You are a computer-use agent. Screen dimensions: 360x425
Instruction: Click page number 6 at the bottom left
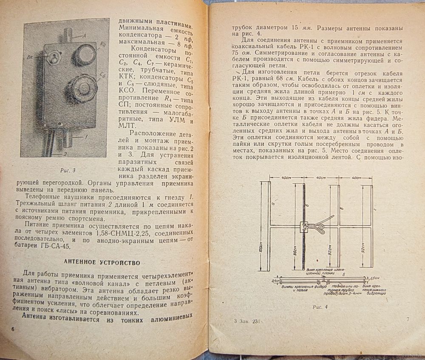coord(13,329)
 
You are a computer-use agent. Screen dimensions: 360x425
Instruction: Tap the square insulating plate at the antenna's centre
coord(304,226)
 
